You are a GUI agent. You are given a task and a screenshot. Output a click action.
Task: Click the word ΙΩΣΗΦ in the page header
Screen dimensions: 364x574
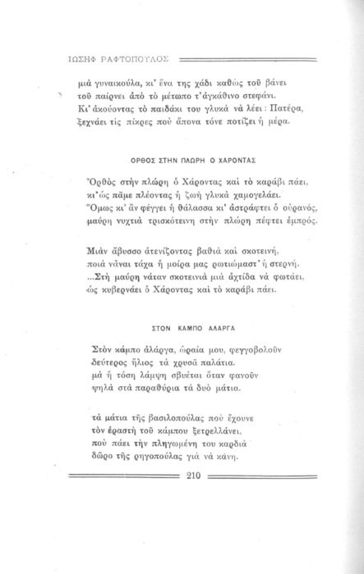[73, 60]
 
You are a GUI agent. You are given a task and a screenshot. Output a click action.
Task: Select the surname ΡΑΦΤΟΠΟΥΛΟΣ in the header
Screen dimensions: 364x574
[132, 60]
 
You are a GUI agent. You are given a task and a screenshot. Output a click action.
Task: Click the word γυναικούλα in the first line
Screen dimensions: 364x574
[116, 82]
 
